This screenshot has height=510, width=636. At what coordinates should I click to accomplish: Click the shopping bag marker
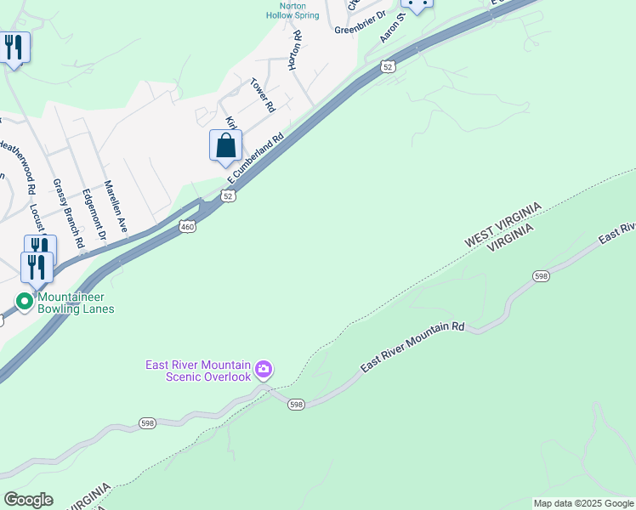click(x=225, y=145)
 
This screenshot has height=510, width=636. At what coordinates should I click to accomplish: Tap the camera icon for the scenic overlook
click(x=264, y=369)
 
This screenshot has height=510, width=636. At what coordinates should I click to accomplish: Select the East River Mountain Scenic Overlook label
click(x=198, y=371)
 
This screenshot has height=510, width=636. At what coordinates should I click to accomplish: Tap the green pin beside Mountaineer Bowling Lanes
click(x=26, y=300)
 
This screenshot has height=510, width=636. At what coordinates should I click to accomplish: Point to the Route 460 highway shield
click(x=187, y=226)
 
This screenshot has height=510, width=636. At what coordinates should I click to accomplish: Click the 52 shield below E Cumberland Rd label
click(x=228, y=196)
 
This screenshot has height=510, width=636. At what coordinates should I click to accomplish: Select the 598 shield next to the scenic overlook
click(x=295, y=403)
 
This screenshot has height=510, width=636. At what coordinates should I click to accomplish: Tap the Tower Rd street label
click(x=263, y=95)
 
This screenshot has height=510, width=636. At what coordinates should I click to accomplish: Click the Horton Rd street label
click(x=295, y=50)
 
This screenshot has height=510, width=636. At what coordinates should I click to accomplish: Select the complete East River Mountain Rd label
click(x=413, y=346)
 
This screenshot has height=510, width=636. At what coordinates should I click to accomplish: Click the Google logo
click(x=28, y=500)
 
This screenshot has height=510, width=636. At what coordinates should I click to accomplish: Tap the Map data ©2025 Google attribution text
click(x=583, y=503)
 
